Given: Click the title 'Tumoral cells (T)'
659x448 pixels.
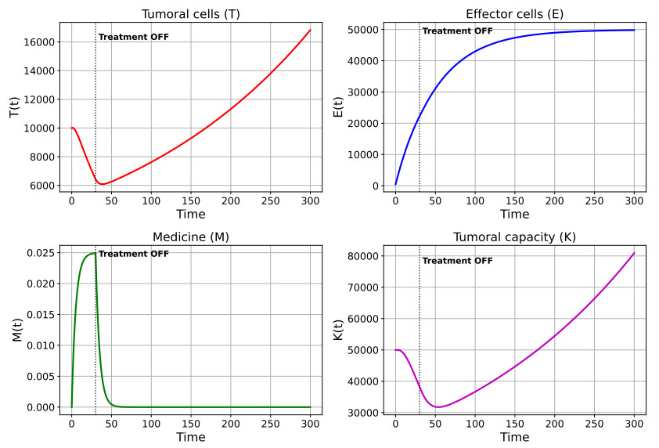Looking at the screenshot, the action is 191,14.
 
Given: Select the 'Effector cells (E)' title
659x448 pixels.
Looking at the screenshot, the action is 514,14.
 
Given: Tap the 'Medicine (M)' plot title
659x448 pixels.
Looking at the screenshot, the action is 191,237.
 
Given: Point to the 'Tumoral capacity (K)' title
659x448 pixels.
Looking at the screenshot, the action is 514,237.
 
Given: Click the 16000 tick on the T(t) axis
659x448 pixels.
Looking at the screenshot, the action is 39,42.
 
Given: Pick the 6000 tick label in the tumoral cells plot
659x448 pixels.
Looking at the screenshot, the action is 42,186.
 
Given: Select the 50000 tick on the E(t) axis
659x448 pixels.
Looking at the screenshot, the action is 363,30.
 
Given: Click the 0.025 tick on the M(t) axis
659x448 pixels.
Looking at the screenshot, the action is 41,253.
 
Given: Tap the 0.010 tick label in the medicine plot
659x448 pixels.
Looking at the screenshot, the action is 41,345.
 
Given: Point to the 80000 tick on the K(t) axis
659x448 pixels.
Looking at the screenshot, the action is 363,256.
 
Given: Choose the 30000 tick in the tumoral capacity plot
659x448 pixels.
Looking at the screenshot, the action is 363,413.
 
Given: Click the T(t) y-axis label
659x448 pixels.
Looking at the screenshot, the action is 14,107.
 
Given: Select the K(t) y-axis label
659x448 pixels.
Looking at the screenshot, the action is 338,331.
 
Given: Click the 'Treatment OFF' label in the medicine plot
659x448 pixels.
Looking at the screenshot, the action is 134,254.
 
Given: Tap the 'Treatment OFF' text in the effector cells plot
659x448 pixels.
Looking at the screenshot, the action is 457,31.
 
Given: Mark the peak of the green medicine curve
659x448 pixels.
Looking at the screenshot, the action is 95,253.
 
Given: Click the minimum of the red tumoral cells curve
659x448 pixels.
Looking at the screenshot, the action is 102,184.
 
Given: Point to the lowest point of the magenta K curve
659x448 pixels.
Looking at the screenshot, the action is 438,406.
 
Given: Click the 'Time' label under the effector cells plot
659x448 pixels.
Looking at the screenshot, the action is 514,214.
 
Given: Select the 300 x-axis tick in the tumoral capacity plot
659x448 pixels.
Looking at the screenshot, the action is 634,424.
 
